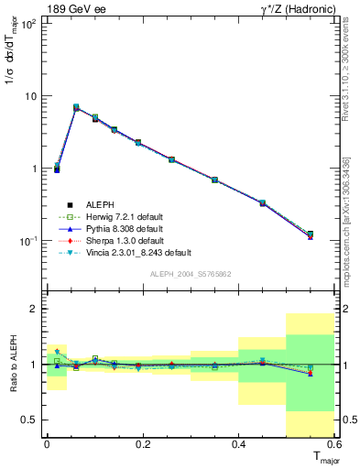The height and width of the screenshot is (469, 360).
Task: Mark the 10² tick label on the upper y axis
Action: [x=27, y=23]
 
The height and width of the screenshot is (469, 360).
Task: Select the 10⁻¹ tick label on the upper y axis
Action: [x=27, y=241]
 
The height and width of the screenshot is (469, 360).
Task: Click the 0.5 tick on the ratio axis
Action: [x=29, y=420]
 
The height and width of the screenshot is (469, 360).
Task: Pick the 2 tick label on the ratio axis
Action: [x=34, y=309]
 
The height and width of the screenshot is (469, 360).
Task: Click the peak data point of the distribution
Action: [x=76, y=107]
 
